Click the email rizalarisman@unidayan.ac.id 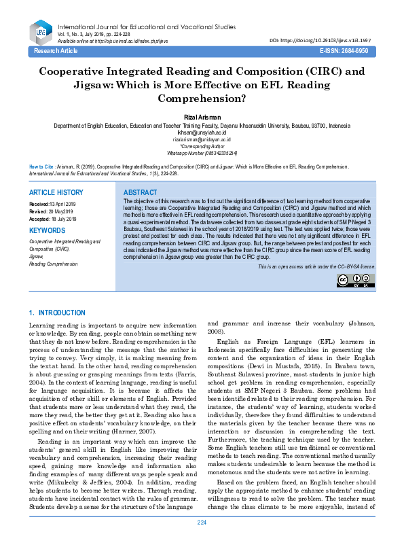click(202, 139)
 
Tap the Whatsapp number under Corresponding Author click(202, 153)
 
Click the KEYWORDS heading click(47, 230)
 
